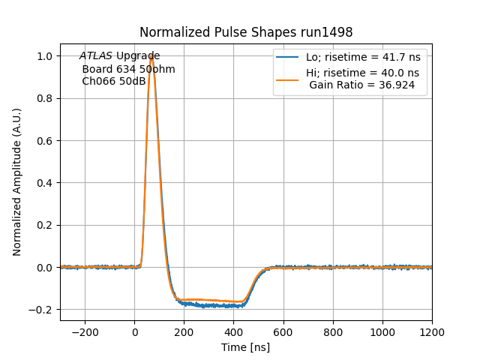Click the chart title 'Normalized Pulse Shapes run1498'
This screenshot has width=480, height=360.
pyautogui.click(x=246, y=32)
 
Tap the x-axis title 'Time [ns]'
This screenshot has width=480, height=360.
pyautogui.click(x=245, y=347)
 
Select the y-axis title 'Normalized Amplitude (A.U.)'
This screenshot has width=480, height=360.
pyautogui.click(x=17, y=182)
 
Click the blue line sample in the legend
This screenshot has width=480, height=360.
pyautogui.click(x=287, y=57)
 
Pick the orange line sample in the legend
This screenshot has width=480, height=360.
pyautogui.click(x=287, y=73)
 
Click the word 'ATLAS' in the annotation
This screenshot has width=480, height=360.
pyautogui.click(x=96, y=56)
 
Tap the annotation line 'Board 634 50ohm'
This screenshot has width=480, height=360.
pyautogui.click(x=128, y=69)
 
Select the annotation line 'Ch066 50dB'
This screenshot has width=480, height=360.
pyautogui.click(x=114, y=81)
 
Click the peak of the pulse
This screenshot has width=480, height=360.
pyautogui.click(x=151, y=55)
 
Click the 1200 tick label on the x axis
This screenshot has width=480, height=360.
pyautogui.click(x=431, y=331)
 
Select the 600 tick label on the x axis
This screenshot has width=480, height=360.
pyautogui.click(x=283, y=331)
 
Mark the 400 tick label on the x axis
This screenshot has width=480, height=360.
pyautogui.click(x=233, y=331)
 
